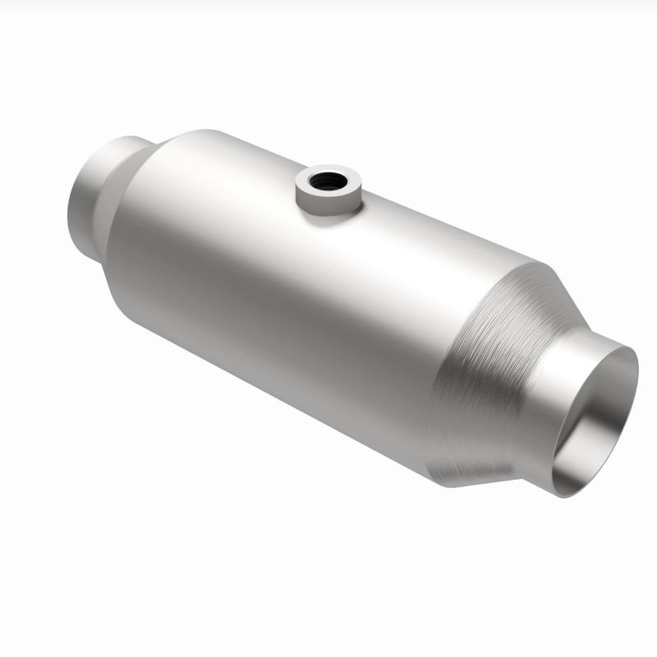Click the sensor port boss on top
(328, 191)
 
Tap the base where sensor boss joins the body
(328, 212)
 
